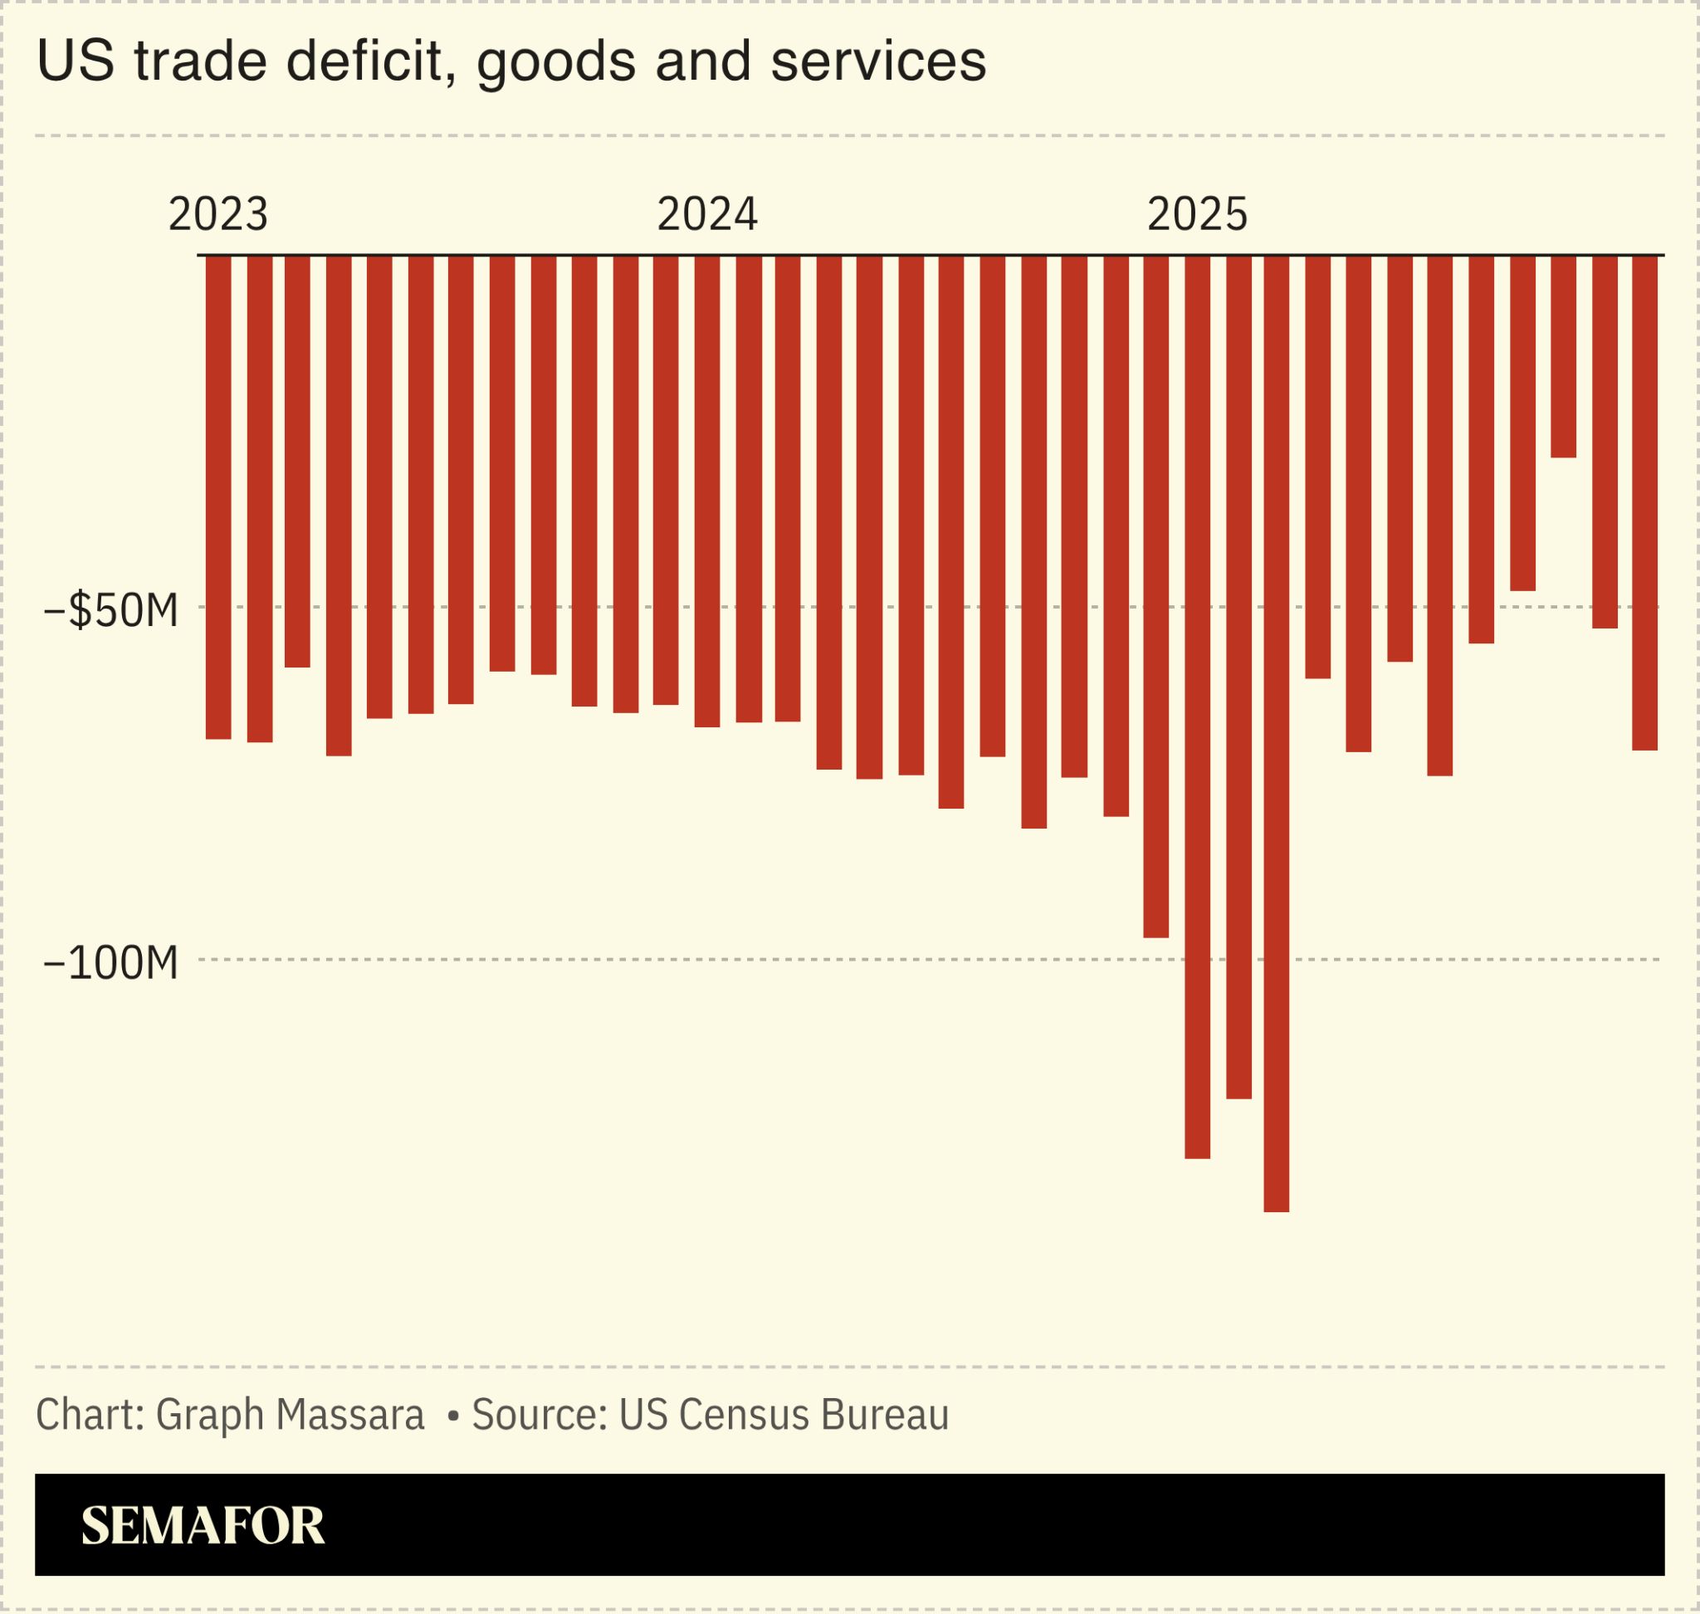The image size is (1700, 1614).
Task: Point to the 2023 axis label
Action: coord(218,214)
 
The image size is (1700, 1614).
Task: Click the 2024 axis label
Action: coord(707,214)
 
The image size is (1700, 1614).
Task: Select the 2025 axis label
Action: coord(1197,214)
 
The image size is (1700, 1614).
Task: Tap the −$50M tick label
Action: coord(111,611)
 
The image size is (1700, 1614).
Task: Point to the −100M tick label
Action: coord(111,963)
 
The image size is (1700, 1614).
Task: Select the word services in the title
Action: coord(877,62)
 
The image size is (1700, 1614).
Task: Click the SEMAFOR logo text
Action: coord(203,1525)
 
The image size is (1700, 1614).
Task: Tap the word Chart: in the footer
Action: coord(90,1416)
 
